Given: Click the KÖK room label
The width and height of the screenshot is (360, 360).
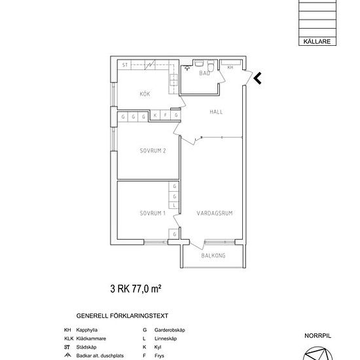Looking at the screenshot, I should pos(145,95).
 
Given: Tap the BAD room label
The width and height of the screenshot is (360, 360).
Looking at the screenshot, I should pos(204,74).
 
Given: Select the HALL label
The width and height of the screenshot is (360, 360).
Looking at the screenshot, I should pos(216,112).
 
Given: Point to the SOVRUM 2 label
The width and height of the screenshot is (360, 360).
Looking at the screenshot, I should pos(153,151).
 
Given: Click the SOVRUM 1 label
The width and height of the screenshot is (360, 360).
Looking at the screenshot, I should pos(152,213).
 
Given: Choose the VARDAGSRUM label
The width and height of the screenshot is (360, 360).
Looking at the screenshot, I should pos(215,213).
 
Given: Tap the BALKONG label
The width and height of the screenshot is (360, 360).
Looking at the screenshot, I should pos(213,256).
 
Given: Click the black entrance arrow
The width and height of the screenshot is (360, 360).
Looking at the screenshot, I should pos(257,79).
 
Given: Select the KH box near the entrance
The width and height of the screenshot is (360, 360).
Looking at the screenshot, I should pos(230,67).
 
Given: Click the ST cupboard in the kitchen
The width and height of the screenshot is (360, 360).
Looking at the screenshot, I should pos(124,65).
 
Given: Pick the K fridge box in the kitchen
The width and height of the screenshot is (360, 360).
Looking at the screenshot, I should pos(155,115).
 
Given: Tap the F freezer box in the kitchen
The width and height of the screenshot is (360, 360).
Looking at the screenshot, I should pos(166,115).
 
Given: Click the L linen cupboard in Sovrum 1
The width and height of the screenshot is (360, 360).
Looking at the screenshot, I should pos(175,205).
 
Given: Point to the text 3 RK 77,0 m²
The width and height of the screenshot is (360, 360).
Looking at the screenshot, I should pos(135,288).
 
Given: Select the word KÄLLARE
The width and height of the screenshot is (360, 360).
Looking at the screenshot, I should pos(317,41).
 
